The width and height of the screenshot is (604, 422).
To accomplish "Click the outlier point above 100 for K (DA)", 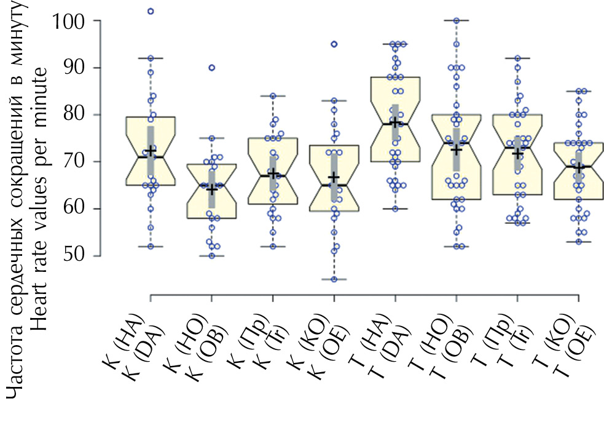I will pos(151,11).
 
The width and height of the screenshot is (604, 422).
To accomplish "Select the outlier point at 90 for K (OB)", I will pos(211,68).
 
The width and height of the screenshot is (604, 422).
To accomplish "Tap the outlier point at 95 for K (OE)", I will pos(334,44).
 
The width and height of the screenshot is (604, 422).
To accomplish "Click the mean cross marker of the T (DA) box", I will pos(395,122).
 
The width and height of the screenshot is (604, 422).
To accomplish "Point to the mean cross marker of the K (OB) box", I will pos(211,189).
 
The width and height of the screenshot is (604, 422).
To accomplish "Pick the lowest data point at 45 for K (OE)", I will pos(334,279).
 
